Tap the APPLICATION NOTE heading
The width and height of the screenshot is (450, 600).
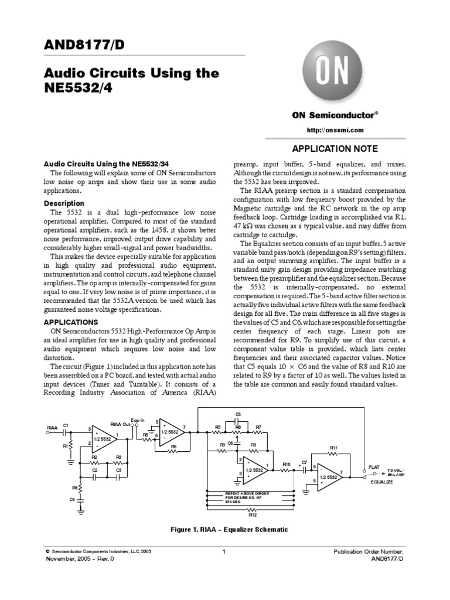[x=335, y=149]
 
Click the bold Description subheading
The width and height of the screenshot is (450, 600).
[x=67, y=203]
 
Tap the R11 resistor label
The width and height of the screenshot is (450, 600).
[x=334, y=448]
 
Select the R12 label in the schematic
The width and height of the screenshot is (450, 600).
[x=253, y=515]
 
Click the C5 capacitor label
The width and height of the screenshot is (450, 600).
[x=238, y=414]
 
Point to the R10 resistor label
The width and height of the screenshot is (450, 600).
[x=287, y=464]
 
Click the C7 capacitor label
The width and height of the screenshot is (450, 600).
[x=304, y=463]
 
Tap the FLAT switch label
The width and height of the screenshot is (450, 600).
[x=374, y=467]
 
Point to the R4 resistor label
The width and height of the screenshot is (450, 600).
[x=74, y=487]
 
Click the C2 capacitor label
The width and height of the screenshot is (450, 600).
[x=95, y=470]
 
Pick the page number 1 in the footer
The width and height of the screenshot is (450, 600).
[x=224, y=551]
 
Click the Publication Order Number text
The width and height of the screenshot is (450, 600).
[x=368, y=552]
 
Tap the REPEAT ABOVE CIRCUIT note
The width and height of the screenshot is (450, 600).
[x=247, y=497]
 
